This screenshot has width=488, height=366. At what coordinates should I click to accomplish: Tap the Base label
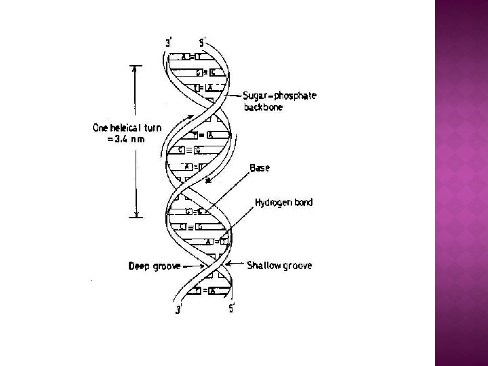(x=259, y=167)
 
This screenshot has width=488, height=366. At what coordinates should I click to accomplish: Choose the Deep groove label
(x=155, y=266)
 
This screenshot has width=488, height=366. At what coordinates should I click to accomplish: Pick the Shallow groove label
(x=279, y=266)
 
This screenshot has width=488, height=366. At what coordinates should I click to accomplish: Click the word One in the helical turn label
(x=102, y=128)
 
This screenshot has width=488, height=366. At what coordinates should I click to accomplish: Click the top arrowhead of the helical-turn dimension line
(x=136, y=68)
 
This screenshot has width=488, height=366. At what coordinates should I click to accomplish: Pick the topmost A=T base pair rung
(x=190, y=58)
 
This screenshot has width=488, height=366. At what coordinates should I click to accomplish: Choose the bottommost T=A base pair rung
(x=203, y=290)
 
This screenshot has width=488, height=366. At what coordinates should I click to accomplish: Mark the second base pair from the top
(x=205, y=73)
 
